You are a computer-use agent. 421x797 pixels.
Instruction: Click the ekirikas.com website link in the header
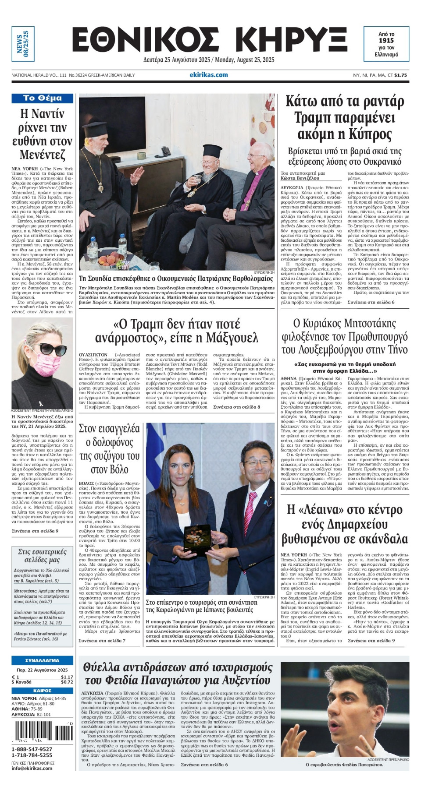pyautogui.click(x=209, y=75)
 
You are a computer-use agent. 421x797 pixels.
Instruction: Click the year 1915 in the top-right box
pyautogui.click(x=386, y=40)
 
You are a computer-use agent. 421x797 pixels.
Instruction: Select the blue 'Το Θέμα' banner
pyautogui.click(x=42, y=98)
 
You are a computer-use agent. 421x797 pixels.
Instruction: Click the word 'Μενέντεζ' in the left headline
pyautogui.click(x=42, y=155)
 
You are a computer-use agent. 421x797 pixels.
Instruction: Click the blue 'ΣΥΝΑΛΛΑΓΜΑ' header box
pyautogui.click(x=42, y=660)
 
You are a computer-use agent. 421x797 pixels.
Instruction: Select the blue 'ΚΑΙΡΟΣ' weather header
pyautogui.click(x=42, y=691)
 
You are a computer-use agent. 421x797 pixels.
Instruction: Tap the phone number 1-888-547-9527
pyautogui.click(x=32, y=749)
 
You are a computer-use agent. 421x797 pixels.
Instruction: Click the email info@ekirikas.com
pyautogui.click(x=32, y=768)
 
